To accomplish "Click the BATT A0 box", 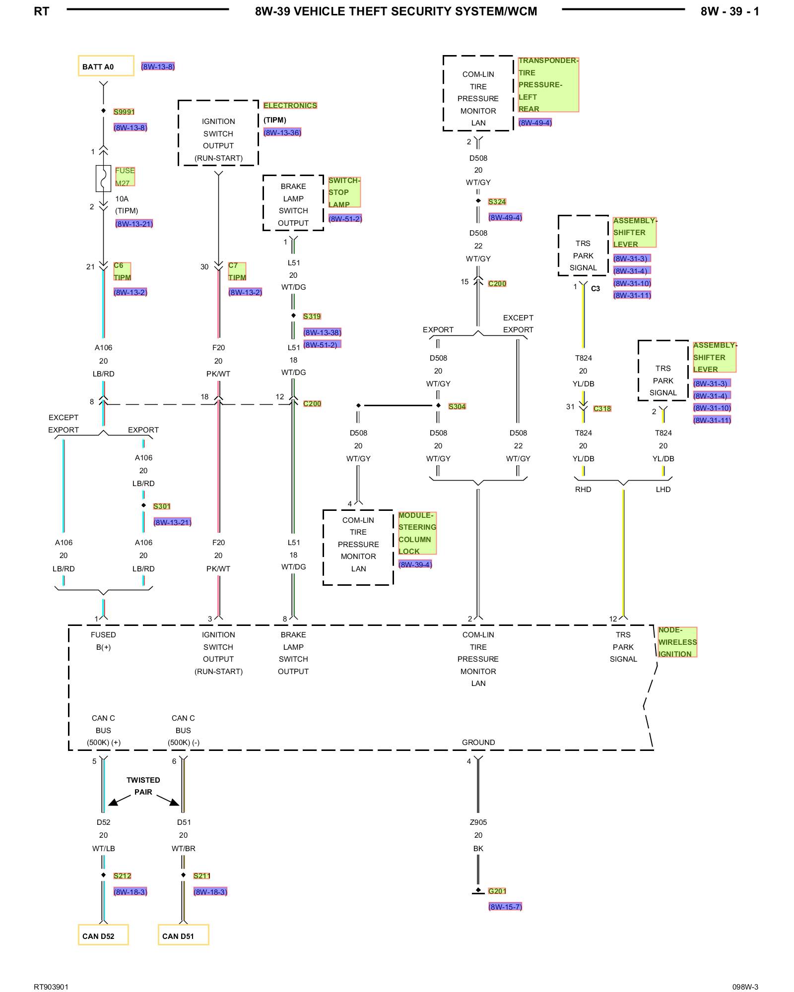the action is [106, 66].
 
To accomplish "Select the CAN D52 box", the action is [103, 935].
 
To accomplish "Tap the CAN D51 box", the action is [183, 935].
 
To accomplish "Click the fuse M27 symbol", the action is [103, 179].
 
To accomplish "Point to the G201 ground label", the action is [497, 891].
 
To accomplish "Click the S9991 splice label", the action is [124, 112].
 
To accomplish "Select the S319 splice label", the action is [312, 316].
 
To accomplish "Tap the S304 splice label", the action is [457, 406].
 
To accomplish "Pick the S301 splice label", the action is [162, 506].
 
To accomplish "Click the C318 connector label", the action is [602, 408].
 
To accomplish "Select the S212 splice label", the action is [122, 875].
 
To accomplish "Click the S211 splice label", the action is [202, 875].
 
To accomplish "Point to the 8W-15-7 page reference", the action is [505, 907].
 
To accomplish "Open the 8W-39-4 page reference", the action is [415, 564].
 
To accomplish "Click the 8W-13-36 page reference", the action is [282, 132].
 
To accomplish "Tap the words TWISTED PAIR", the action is [143, 786].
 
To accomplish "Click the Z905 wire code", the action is [478, 822].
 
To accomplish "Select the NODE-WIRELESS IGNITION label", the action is [677, 642].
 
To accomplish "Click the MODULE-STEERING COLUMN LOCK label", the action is [417, 533].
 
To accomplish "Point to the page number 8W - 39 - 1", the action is [729, 11].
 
